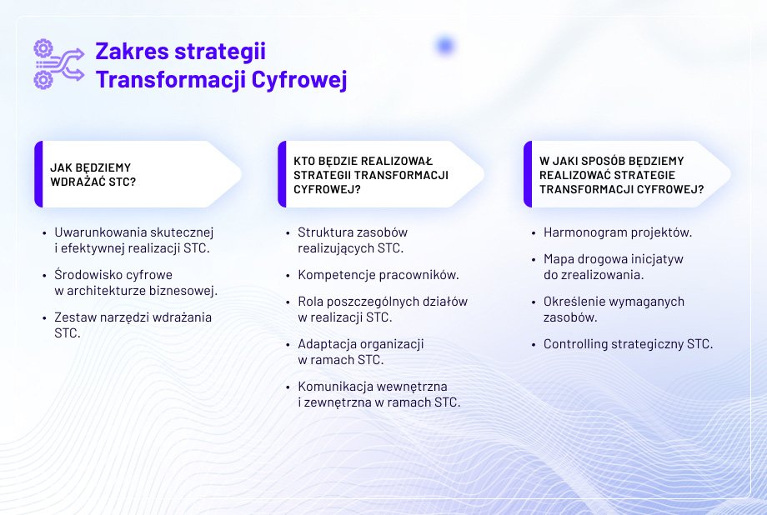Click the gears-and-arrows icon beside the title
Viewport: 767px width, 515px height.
pos(58,64)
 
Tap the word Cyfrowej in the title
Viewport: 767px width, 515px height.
pos(299,80)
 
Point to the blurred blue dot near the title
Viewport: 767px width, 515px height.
pos(445,46)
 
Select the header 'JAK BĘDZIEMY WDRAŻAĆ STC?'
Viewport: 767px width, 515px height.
pos(93,175)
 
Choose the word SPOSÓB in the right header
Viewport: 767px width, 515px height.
pos(597,161)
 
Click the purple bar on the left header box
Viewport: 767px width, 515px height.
pos(38,174)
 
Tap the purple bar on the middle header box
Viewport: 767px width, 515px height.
pos(282,174)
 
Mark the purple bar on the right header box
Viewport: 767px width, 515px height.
pos(527,174)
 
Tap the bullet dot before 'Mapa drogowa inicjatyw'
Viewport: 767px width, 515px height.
pos(534,260)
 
